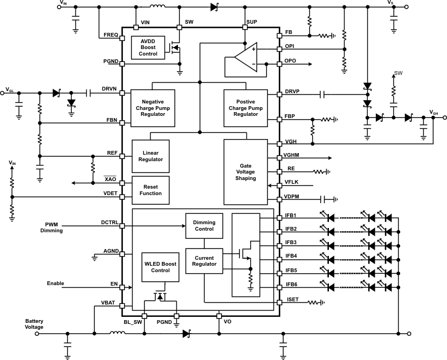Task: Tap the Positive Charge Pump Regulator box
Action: [x=245, y=107]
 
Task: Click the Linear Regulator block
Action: [x=150, y=156]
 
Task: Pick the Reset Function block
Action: [x=150, y=190]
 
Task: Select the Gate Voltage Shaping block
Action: [x=245, y=171]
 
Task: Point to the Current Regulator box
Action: [x=204, y=260]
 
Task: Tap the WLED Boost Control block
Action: [x=160, y=267]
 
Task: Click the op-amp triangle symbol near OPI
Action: [x=245, y=57]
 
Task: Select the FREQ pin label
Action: [x=111, y=35]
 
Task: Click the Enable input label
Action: [x=55, y=283]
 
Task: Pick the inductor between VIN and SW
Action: [x=157, y=6]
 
